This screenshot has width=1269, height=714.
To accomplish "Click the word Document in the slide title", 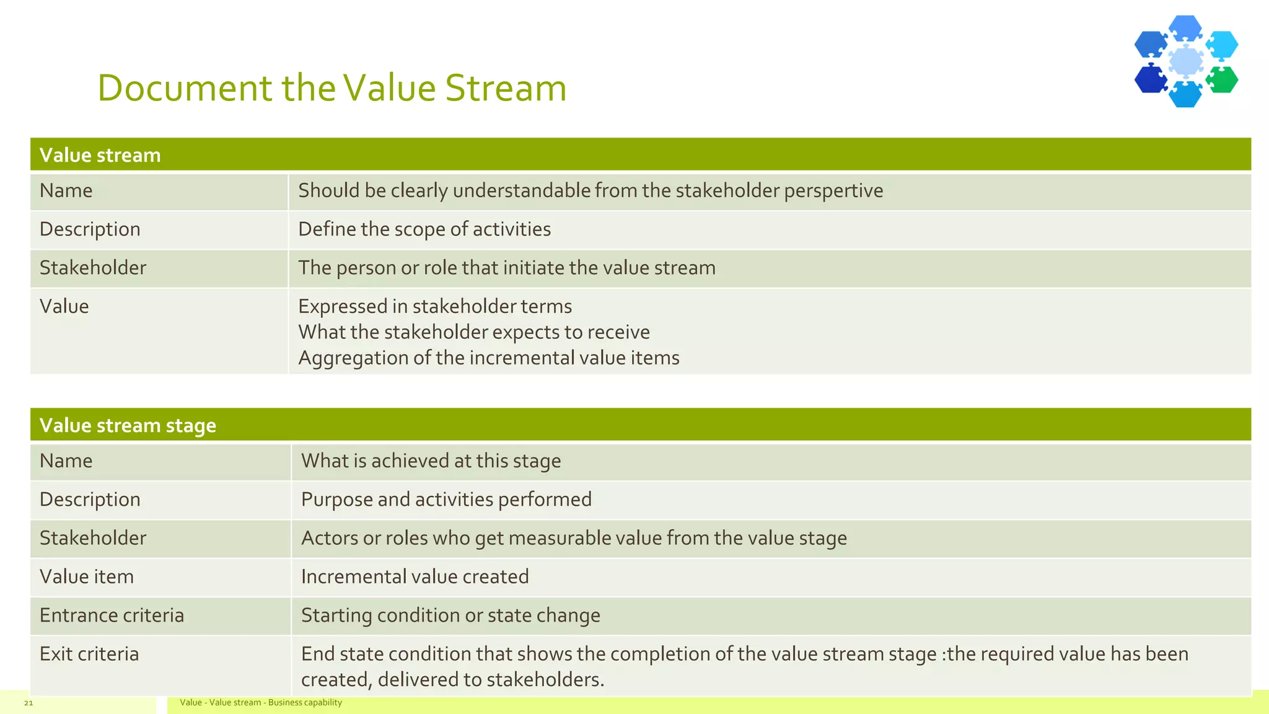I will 185,88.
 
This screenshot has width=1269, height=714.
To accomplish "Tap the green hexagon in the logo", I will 1223,80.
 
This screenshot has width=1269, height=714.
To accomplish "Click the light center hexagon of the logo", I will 1186,61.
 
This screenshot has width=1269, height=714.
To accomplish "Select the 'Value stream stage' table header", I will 128,425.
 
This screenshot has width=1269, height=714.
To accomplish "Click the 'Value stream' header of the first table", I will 100,155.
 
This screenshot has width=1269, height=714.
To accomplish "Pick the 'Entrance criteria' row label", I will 112,615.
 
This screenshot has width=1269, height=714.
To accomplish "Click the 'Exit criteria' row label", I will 89,654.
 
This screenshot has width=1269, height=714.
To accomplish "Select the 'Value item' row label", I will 86,577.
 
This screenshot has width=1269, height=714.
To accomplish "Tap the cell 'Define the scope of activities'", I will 424,229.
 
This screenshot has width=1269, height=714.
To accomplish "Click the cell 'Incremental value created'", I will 415,577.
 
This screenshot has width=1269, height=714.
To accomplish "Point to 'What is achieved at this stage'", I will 431,461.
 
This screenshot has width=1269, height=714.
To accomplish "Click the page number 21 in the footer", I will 29,703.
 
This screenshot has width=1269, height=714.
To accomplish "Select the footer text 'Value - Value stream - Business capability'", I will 261,703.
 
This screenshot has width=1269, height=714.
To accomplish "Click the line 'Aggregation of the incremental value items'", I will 488,358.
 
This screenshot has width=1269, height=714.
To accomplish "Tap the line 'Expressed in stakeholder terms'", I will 434,307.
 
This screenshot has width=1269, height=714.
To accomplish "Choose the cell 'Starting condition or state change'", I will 450,615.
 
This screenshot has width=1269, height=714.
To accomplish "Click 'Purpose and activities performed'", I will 446,500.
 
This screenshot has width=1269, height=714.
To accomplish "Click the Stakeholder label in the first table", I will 93,268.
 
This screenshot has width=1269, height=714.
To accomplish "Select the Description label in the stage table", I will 90,500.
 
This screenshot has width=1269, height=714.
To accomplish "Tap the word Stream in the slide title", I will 505,88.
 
